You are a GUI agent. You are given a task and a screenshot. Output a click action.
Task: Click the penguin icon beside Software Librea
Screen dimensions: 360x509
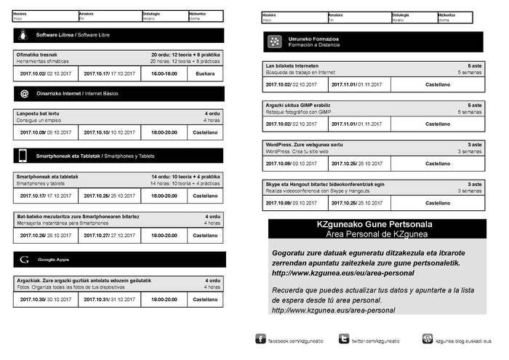point(24,35)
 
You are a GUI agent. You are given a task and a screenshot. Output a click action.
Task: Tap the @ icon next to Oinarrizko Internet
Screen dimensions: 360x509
point(24,94)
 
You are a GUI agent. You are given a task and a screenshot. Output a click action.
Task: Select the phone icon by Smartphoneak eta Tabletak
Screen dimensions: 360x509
point(24,156)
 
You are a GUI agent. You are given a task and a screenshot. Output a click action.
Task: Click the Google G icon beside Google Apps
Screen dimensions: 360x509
point(24,259)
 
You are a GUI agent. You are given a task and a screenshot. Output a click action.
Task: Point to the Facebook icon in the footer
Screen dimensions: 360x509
point(260,339)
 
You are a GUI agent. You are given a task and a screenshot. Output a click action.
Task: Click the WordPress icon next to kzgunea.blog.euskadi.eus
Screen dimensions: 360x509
point(428,339)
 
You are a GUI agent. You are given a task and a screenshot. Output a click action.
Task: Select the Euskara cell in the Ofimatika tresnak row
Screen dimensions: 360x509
point(205,73)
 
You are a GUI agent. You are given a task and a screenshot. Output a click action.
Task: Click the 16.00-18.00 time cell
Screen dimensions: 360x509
point(164,73)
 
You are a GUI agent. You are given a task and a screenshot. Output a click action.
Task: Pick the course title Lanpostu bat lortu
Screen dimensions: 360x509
point(37,113)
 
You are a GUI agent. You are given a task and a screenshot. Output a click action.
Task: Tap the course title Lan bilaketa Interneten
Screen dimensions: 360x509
point(292,65)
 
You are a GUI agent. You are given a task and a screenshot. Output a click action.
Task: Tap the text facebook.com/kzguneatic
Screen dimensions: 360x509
point(296,340)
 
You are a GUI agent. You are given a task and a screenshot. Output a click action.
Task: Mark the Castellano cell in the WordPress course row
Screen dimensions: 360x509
point(438,164)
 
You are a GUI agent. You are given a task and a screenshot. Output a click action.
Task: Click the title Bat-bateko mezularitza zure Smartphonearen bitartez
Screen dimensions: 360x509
point(72,217)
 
